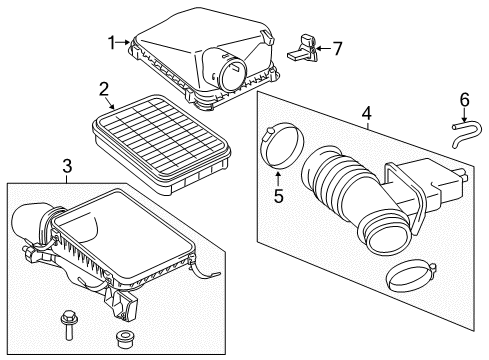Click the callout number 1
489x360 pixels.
coord(113,42)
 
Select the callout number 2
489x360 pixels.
coord(104,90)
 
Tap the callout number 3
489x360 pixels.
coord(66,165)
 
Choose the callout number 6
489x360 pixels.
coord(464,100)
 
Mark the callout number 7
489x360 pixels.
coord(337,48)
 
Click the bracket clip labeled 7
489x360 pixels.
coord(305,47)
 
